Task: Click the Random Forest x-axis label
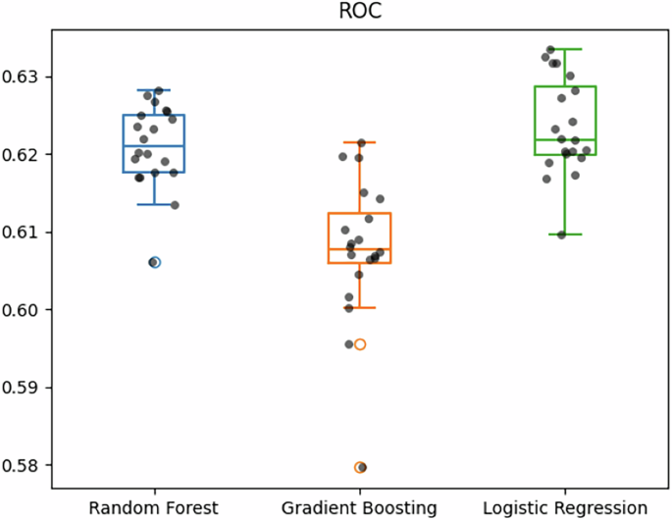click(154, 507)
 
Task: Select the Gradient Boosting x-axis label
click(360, 507)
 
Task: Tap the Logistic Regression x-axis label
click(565, 507)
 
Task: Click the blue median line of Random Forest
click(154, 146)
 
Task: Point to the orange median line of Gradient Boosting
click(360, 249)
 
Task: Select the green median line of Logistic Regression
click(565, 140)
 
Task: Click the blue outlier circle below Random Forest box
click(154, 262)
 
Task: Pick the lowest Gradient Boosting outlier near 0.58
click(360, 467)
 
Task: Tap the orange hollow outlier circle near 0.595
click(360, 344)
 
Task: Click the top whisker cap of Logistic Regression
click(565, 49)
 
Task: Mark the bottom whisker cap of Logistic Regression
click(565, 234)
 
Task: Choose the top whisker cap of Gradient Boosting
click(360, 142)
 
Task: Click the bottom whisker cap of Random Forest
click(154, 204)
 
